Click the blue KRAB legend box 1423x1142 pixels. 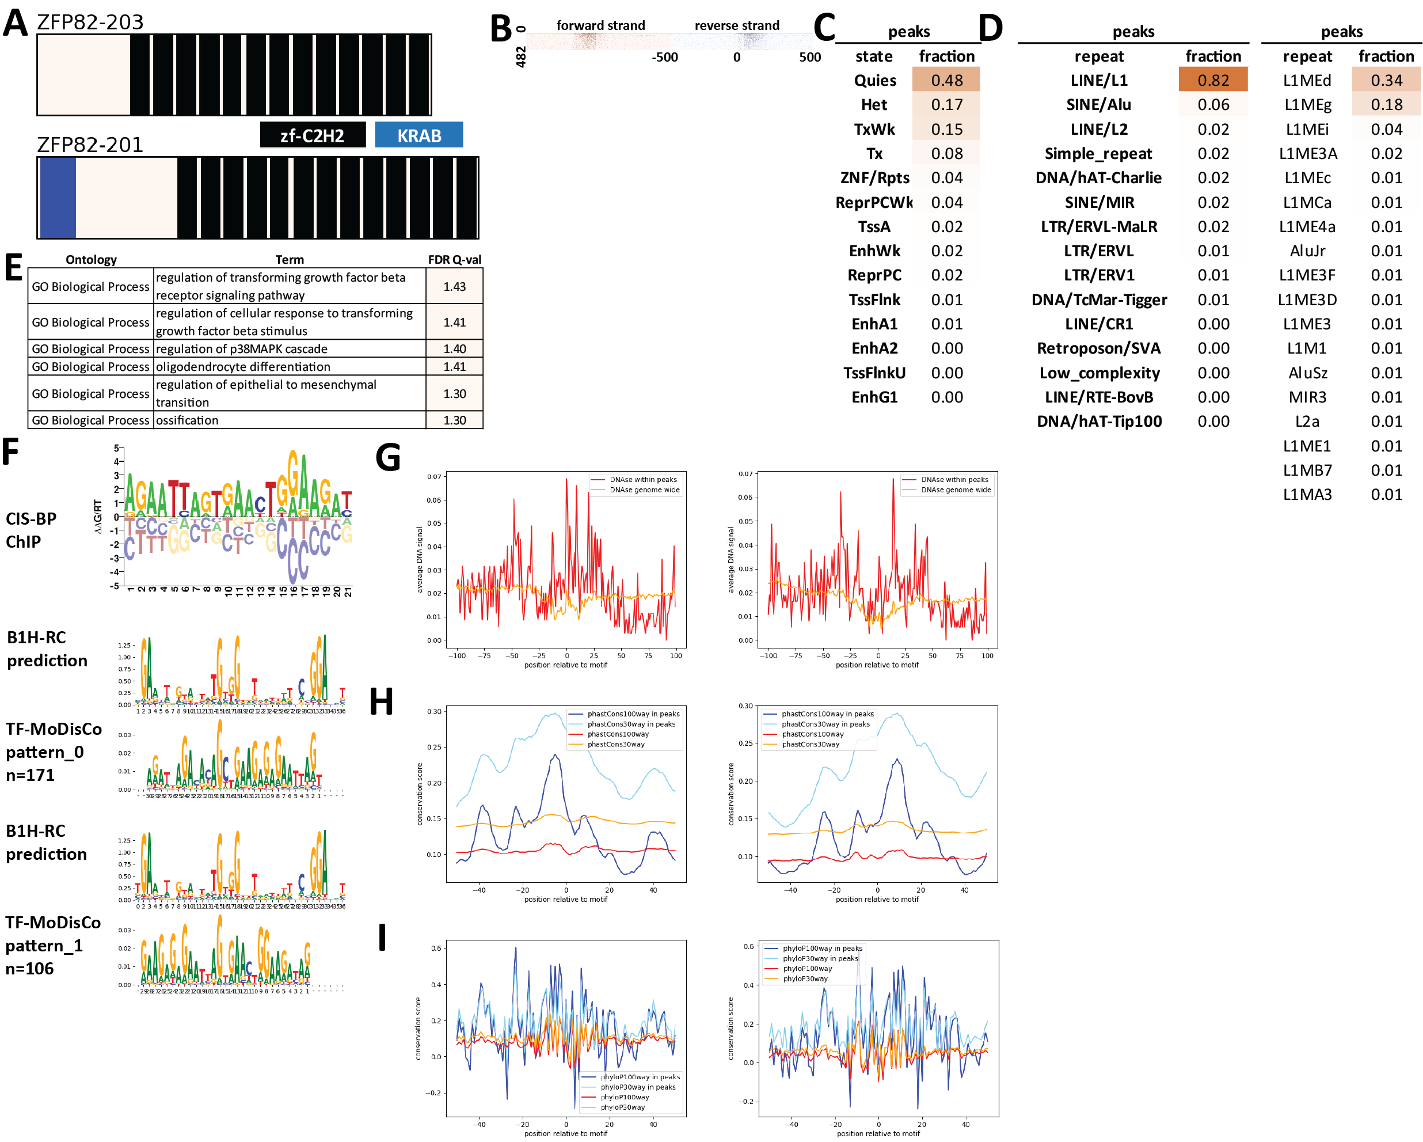pos(418,135)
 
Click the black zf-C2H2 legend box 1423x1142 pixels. pos(312,135)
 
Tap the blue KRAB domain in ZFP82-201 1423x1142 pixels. pos(58,198)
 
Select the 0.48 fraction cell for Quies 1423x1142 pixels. pos(946,81)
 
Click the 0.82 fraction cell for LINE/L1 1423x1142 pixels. pos(1212,81)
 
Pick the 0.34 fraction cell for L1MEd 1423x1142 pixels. pos(1386,81)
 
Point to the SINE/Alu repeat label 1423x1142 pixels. pos(1098,105)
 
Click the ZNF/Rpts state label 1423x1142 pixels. pos(874,178)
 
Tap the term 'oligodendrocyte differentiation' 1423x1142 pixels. pos(243,367)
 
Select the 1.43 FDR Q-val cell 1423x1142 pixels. pos(454,286)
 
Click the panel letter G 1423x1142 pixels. pos(387,457)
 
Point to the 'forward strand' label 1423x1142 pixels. pos(600,26)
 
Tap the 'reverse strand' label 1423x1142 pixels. pos(737,26)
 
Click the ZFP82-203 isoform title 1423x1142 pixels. pos(90,22)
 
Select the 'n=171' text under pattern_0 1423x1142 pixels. pos(31,775)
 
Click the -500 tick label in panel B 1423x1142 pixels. pos(665,58)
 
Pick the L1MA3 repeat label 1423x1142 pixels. pos(1307,495)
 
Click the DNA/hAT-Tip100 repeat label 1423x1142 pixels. pos(1099,421)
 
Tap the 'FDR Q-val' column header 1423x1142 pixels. pos(454,259)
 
